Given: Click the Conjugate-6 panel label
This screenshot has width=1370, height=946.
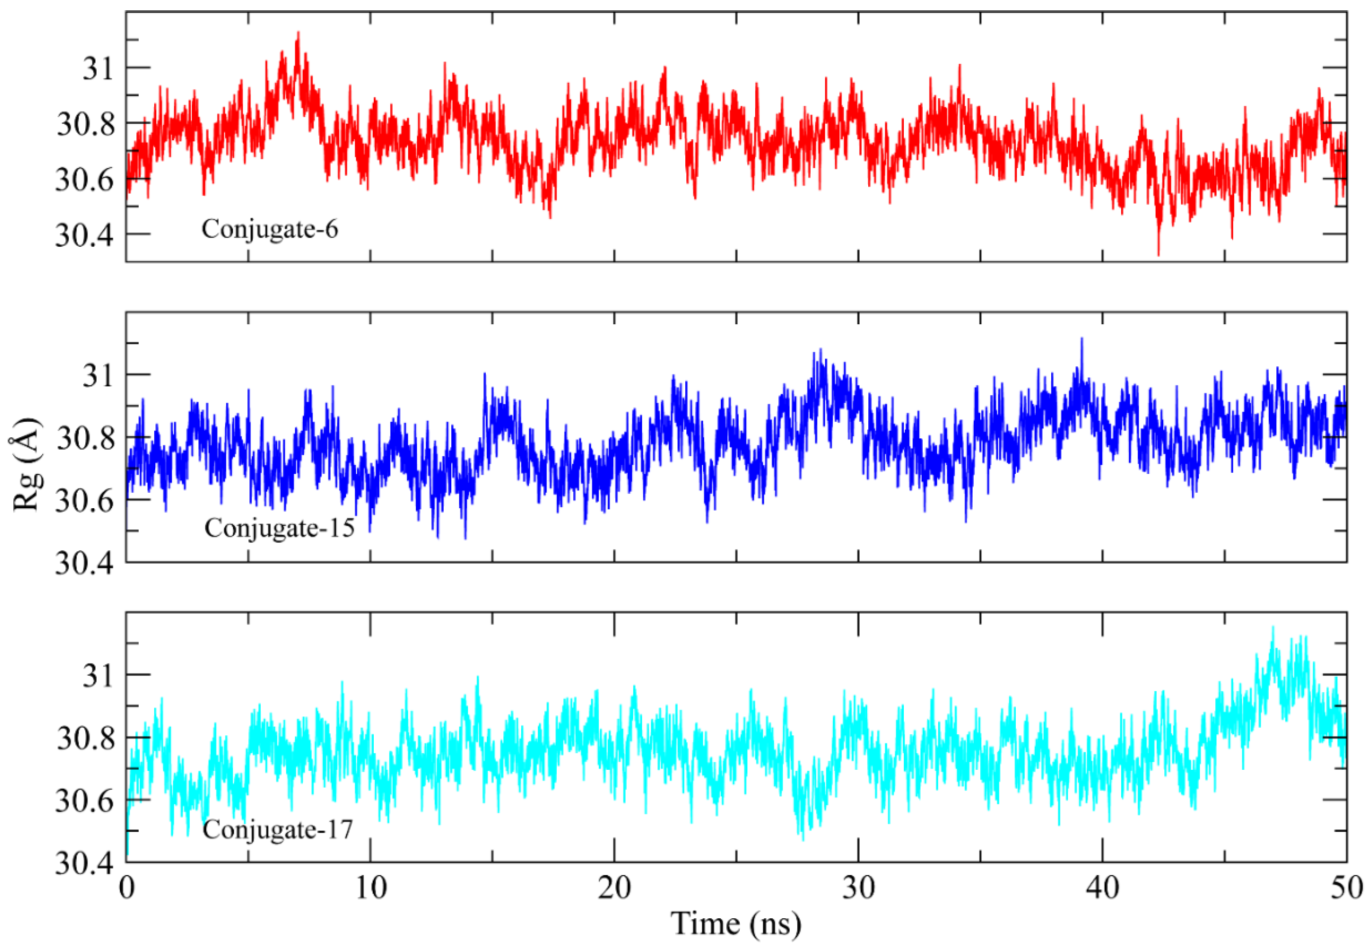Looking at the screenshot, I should click(270, 229).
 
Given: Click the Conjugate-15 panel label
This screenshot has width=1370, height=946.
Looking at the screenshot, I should click(279, 528).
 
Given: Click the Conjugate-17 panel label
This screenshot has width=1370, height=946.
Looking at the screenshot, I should click(278, 829).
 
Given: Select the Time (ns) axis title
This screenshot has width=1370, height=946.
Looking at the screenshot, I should click(736, 923).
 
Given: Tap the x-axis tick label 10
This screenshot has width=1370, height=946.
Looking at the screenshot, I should click(370, 888).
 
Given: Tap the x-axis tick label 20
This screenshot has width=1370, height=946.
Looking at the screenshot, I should click(614, 888).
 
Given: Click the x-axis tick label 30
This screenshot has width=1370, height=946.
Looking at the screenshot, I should click(858, 888).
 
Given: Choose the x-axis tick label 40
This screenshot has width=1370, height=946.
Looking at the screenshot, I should click(1103, 888).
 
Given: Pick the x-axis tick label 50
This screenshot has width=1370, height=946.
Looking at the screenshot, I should click(1346, 888).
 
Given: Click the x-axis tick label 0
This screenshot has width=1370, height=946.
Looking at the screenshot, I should click(126, 888).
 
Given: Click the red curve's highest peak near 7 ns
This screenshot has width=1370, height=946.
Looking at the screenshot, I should click(298, 33).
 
